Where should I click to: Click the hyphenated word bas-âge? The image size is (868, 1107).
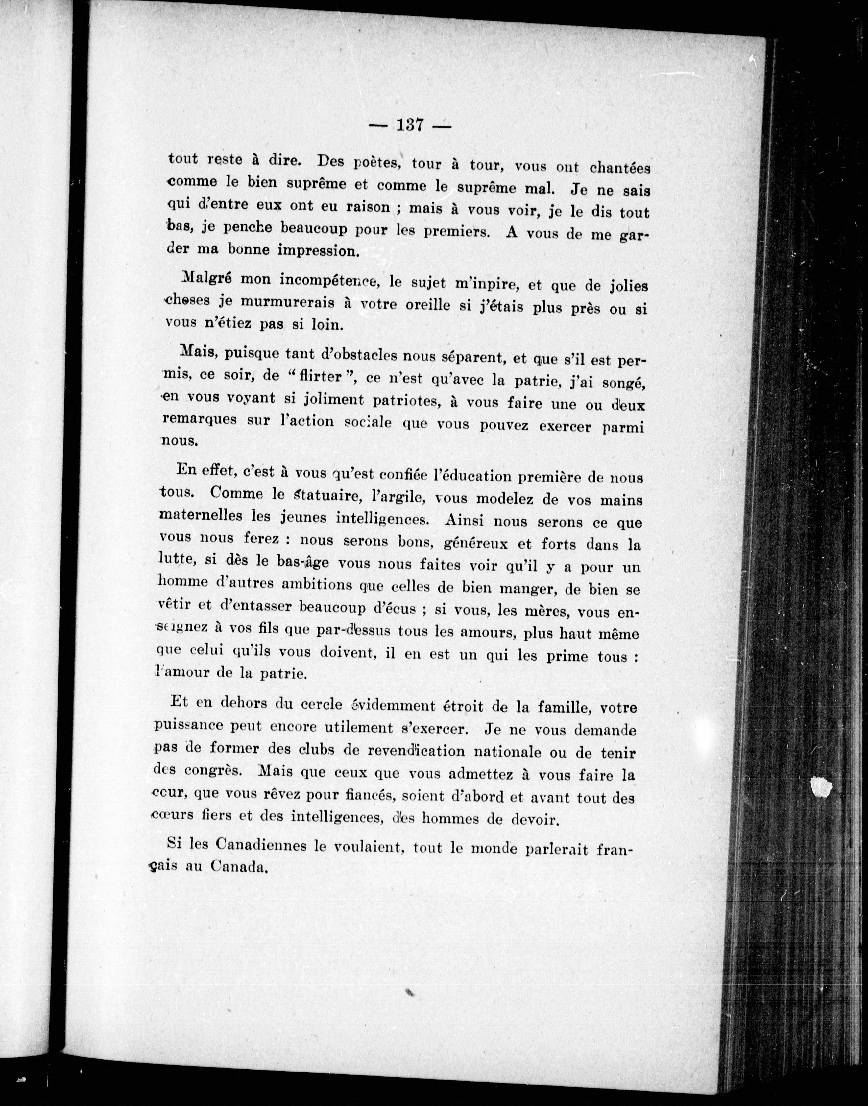pos(302,562)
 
